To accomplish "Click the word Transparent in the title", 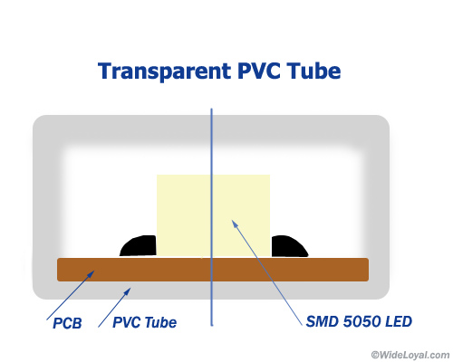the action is point(165,71).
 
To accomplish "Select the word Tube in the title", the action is point(314,71).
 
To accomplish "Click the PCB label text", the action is point(67,323).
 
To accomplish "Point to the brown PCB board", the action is point(213,270).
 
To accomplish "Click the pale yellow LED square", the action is point(213,215).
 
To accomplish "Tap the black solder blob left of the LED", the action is point(138,246).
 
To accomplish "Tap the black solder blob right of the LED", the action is point(290,246).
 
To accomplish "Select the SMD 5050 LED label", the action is point(359,321).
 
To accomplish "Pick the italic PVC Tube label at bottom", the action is point(145,322).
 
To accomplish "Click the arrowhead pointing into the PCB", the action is point(91,274).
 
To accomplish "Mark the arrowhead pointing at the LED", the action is point(235,224).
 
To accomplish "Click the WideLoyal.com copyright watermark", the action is point(410,355).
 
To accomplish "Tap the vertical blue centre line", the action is point(212,217).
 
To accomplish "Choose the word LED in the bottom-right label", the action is point(399,321).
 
